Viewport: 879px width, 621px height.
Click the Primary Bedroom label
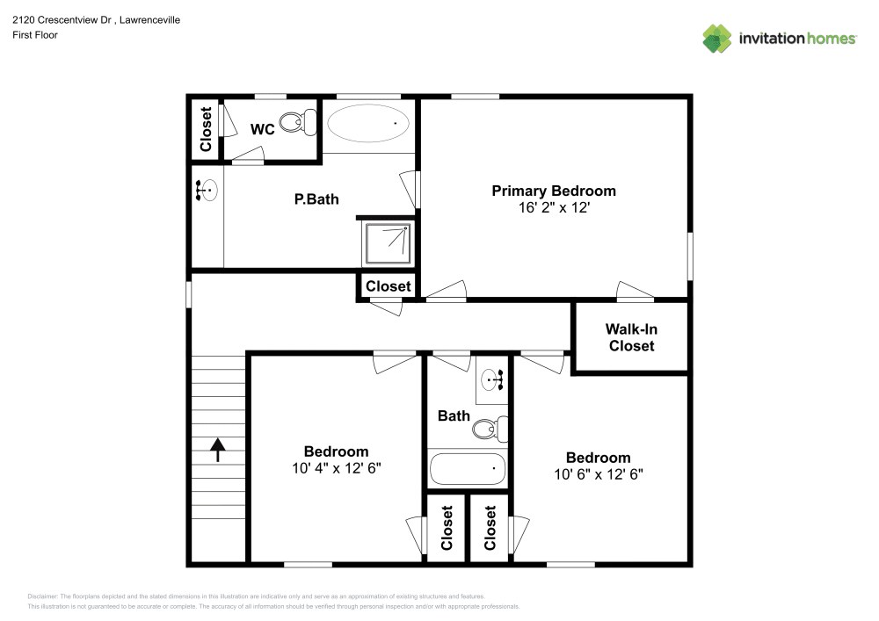click(x=553, y=191)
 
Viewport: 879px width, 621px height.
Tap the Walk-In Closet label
click(x=631, y=337)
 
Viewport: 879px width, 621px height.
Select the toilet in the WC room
click(x=298, y=121)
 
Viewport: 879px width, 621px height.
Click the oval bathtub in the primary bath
click(x=368, y=123)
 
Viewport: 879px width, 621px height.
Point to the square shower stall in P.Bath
click(x=388, y=243)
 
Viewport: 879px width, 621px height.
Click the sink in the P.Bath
click(x=207, y=190)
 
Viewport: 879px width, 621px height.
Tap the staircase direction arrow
click(x=217, y=450)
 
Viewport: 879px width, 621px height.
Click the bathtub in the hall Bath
click(x=468, y=468)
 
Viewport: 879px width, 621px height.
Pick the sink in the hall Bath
click(x=492, y=380)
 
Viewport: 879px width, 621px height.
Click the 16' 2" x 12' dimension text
click(x=554, y=208)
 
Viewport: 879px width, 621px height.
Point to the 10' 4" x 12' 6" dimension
click(x=337, y=468)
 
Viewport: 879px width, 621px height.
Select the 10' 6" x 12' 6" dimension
click(x=598, y=474)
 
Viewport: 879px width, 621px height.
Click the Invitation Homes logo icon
click(x=717, y=39)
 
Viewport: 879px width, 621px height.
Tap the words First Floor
click(x=35, y=35)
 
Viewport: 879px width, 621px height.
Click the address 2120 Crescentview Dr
click(x=62, y=20)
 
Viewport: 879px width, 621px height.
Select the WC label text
click(x=262, y=129)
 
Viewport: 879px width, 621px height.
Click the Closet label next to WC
click(x=206, y=129)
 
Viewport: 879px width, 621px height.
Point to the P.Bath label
click(x=316, y=199)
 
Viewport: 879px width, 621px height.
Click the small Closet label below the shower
click(x=389, y=286)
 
